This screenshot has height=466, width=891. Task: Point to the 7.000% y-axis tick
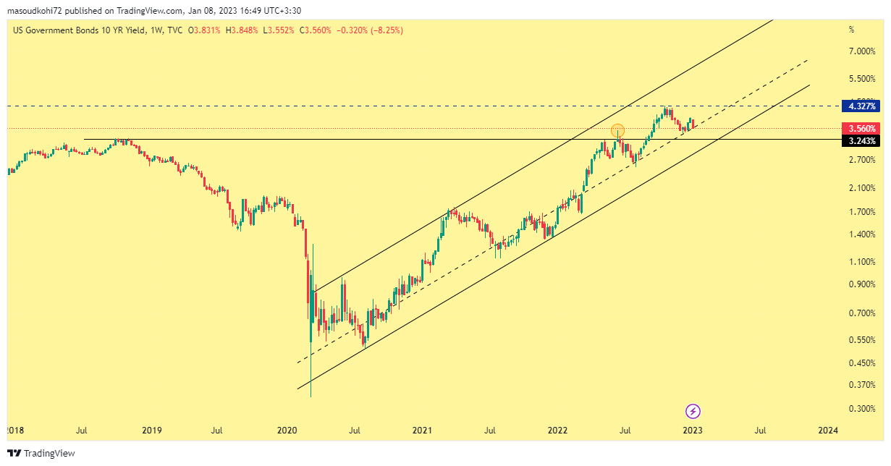pos(863,51)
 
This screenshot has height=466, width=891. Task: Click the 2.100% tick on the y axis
pos(863,188)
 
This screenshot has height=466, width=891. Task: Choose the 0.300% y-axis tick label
pos(863,409)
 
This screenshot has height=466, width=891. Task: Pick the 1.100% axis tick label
pos(863,262)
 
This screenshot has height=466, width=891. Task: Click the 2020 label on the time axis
pos(287,431)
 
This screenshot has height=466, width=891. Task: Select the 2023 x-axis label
pos(693,431)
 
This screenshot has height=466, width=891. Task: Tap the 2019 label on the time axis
pos(151,431)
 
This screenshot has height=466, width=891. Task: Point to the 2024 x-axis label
pos(828,431)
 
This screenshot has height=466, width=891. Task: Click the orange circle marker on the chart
pos(617,131)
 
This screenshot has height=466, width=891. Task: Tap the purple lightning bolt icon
pos(693,412)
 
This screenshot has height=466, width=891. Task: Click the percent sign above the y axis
pos(851,30)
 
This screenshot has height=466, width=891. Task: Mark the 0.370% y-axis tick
pos(863,385)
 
